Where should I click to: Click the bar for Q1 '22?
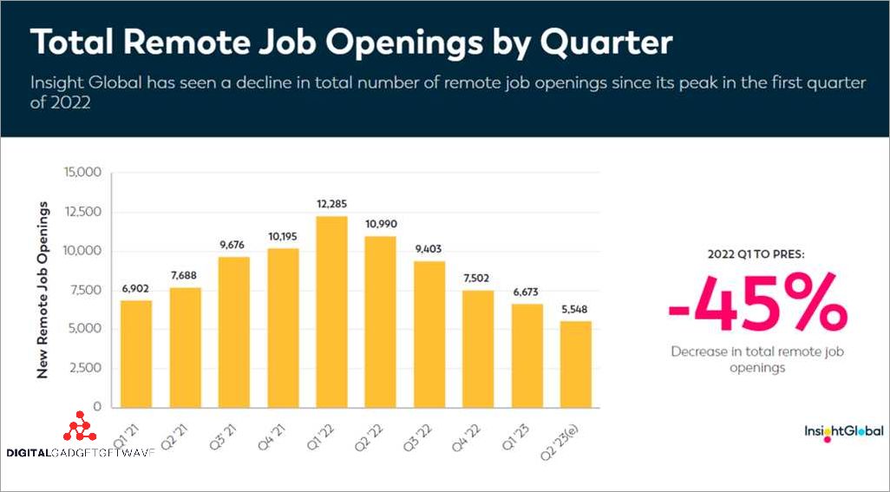coord(330,312)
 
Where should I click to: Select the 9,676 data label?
coord(233,246)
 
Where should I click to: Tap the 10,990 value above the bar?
coord(379,225)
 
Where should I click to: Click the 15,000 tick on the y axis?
coord(82,173)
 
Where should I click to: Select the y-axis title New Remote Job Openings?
coord(42,290)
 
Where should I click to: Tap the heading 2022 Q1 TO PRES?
coord(756,255)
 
